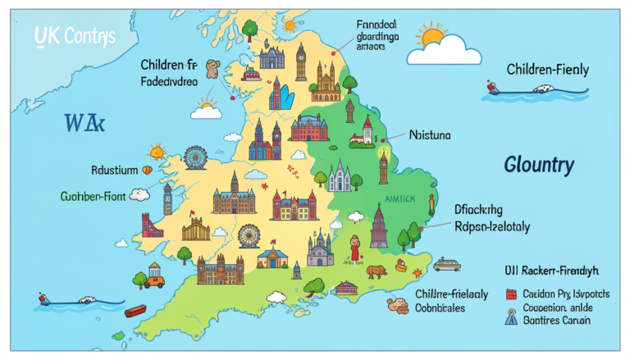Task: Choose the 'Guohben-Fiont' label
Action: (x=98, y=196)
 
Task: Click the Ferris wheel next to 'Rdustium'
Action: (x=195, y=157)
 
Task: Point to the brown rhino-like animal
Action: (x=377, y=271)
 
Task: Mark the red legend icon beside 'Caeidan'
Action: (x=510, y=293)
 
